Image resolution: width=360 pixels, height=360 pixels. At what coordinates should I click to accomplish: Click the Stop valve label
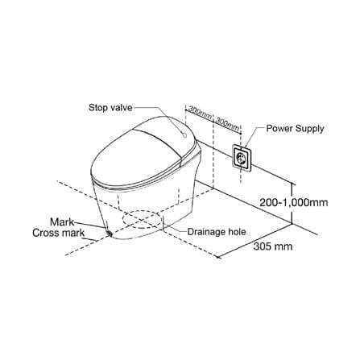110,108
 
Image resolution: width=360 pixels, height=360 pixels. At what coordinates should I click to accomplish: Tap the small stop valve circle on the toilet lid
184,134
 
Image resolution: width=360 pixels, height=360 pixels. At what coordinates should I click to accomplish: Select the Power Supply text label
295,129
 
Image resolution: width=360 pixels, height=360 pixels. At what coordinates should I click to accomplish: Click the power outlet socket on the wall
242,158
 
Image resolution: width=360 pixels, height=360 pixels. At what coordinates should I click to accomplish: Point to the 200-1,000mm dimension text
294,202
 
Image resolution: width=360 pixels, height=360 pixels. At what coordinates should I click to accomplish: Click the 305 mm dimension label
273,246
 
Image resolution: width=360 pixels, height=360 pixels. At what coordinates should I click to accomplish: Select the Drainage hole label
217,231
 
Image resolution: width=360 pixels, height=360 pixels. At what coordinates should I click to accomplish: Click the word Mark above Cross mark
62,222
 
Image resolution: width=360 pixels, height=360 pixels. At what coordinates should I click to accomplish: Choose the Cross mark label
58,233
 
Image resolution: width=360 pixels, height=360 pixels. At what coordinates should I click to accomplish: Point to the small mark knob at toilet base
110,233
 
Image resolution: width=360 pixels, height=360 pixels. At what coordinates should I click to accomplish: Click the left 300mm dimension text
200,112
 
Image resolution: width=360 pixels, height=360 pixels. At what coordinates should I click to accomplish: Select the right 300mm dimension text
227,124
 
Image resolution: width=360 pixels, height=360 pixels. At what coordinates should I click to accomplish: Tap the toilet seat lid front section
129,159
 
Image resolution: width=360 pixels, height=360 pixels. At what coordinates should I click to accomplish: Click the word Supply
309,129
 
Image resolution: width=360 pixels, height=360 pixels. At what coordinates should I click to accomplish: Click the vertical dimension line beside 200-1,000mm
292,204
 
